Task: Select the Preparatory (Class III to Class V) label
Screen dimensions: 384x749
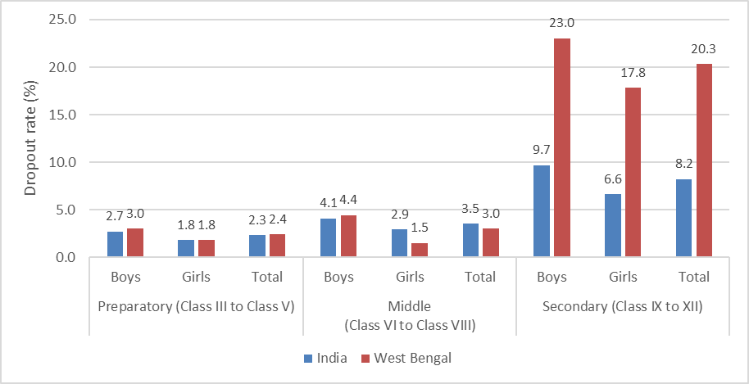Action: coord(196,307)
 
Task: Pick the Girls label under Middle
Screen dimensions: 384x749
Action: coord(410,277)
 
